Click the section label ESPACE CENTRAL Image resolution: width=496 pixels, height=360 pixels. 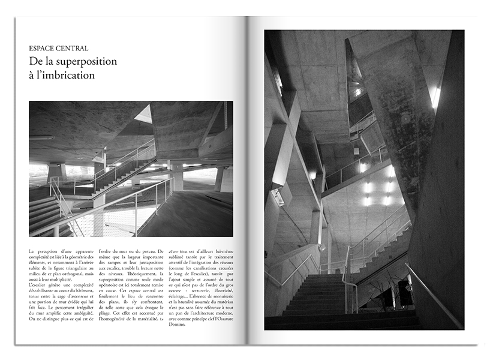click(58, 48)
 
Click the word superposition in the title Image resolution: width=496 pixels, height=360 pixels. click(83, 62)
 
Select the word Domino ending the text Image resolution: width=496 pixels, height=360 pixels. click(178, 325)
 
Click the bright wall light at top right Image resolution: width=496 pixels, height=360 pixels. click(436, 98)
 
